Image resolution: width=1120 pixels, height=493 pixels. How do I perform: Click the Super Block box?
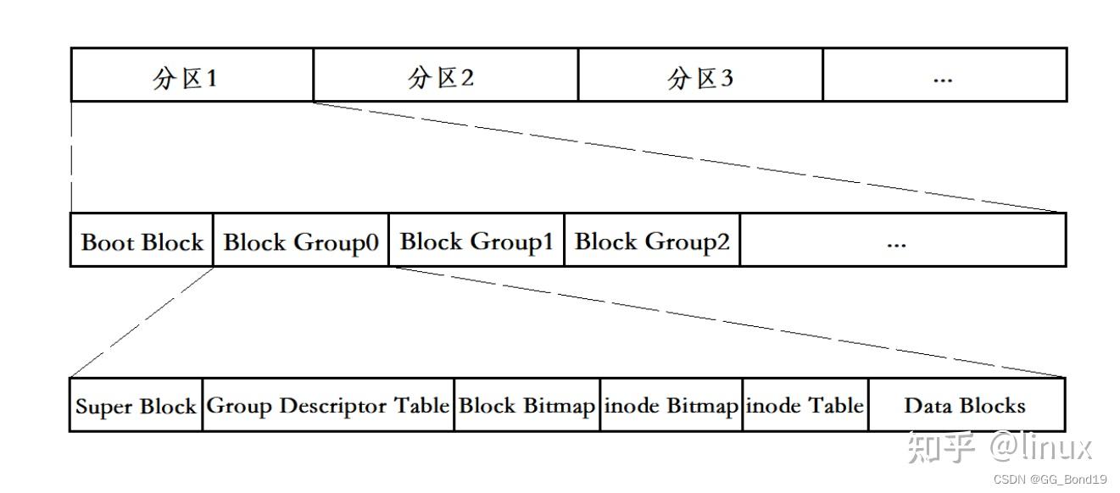(136, 406)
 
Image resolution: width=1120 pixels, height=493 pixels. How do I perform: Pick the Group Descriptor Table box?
(328, 406)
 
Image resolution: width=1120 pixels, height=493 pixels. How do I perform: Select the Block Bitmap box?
(527, 406)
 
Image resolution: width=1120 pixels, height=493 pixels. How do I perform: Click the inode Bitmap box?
(671, 406)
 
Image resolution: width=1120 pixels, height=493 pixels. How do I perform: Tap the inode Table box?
(805, 406)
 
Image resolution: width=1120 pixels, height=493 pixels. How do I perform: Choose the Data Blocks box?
(966, 406)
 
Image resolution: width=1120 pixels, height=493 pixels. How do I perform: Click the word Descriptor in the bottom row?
(333, 406)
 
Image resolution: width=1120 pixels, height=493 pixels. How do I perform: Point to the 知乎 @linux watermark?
(1000, 446)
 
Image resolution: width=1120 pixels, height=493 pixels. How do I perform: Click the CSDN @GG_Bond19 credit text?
(1050, 479)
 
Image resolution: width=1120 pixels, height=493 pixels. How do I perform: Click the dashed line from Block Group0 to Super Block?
(142, 322)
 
